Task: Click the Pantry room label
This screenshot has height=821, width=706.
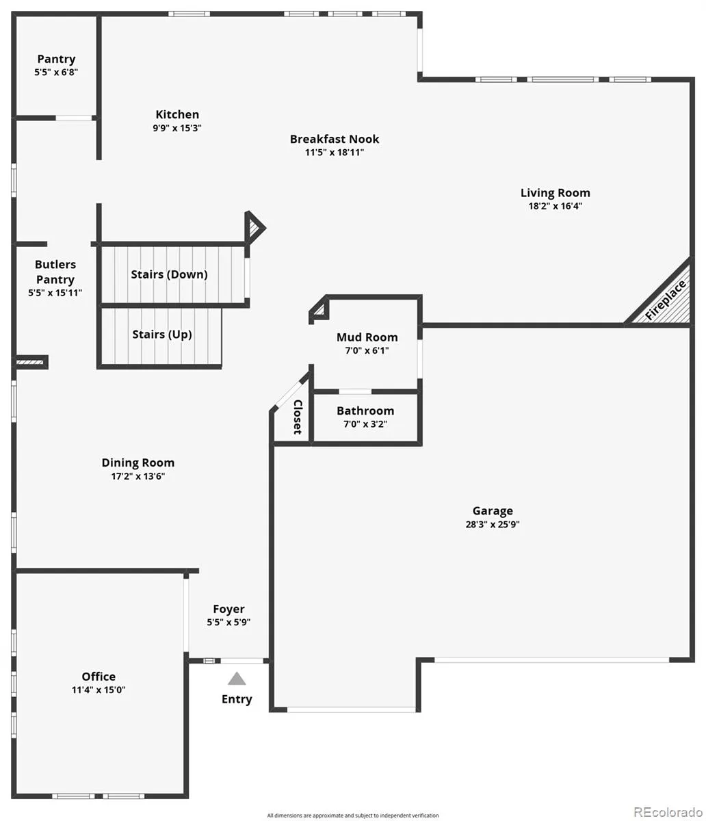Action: pyautogui.click(x=56, y=60)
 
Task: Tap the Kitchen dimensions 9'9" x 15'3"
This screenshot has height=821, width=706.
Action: pyautogui.click(x=177, y=128)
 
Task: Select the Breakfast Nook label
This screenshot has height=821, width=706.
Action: pyautogui.click(x=335, y=139)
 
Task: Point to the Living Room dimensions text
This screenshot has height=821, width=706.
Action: pyautogui.click(x=555, y=206)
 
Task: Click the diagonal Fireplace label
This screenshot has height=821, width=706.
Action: pyautogui.click(x=666, y=300)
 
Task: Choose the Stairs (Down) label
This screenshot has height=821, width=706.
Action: pyautogui.click(x=169, y=274)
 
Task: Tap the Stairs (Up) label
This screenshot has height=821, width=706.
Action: pyautogui.click(x=162, y=335)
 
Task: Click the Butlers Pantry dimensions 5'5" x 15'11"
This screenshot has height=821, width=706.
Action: pyautogui.click(x=55, y=293)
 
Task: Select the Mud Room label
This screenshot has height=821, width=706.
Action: pyautogui.click(x=367, y=337)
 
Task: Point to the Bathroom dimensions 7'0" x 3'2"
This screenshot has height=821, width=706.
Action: pyautogui.click(x=365, y=424)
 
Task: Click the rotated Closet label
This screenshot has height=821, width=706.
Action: pyautogui.click(x=298, y=417)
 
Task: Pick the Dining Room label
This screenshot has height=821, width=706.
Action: pyautogui.click(x=138, y=462)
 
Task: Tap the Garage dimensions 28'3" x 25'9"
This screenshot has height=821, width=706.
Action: pyautogui.click(x=493, y=524)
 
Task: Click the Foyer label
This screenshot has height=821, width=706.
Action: pyautogui.click(x=228, y=609)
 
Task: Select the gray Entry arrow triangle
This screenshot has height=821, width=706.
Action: pyautogui.click(x=237, y=679)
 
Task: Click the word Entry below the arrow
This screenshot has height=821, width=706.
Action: pyautogui.click(x=237, y=699)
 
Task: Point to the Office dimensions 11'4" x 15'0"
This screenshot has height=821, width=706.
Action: pyautogui.click(x=99, y=690)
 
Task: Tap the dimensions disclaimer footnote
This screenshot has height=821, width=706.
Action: pyautogui.click(x=353, y=816)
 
